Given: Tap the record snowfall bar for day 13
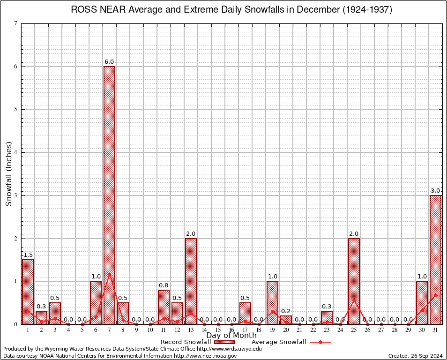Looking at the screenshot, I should (x=191, y=281).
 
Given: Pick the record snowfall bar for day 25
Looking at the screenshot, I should (x=354, y=281).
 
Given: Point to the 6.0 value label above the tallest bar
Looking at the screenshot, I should (x=109, y=62).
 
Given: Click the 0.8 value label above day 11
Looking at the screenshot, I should (x=164, y=285).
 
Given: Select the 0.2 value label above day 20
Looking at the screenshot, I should (x=286, y=311).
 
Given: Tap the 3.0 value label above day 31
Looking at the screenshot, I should (x=435, y=191).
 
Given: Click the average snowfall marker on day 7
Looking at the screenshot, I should (x=109, y=274).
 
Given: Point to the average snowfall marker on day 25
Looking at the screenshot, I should (x=354, y=300).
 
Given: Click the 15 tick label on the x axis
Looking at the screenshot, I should (x=218, y=330).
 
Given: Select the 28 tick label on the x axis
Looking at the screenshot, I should (x=395, y=330).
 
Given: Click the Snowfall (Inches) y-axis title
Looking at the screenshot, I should (x=9, y=174).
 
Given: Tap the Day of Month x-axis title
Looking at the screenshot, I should (x=231, y=336).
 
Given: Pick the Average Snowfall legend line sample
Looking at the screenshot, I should (x=320, y=342).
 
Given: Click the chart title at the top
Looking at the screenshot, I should (x=231, y=10).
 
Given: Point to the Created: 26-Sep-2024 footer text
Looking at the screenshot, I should (x=415, y=356).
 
